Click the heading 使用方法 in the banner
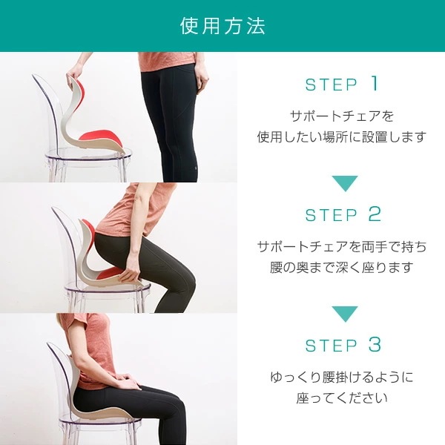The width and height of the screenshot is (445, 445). tap(222, 26)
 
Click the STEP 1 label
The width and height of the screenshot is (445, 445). tap(342, 85)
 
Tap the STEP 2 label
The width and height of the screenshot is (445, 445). tap(342, 215)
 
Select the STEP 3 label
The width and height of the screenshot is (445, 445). tap(342, 345)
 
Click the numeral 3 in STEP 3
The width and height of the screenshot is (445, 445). tap(374, 345)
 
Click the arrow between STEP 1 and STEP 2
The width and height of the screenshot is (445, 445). tap(344, 182)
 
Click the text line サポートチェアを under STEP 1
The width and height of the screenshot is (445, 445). tap(342, 116)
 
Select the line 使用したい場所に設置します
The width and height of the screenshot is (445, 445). tap(342, 137)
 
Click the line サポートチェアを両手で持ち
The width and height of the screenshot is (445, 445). tap(342, 247)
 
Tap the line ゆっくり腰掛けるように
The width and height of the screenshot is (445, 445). tap(342, 377)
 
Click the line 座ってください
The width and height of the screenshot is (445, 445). tap(342, 398)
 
